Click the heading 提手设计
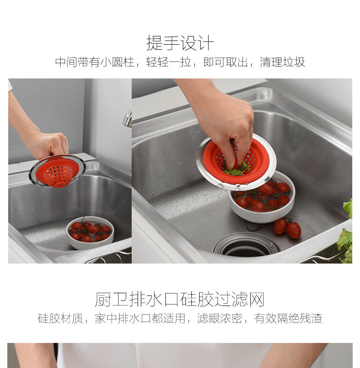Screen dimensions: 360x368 180,43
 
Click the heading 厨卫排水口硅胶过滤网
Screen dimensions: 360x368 180,299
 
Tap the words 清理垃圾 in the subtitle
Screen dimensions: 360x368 283,62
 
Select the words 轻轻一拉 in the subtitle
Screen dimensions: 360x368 169,62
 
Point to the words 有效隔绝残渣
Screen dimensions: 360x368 288,318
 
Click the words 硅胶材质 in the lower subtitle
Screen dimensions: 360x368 61,318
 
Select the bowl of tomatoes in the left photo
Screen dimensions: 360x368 90,233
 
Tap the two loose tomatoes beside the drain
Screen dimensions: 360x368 288,228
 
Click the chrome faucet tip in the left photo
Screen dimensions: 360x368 127,119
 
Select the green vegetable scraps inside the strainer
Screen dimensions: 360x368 236,170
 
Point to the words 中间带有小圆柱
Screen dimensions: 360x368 94,62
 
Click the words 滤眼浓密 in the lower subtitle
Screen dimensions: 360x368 220,318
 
